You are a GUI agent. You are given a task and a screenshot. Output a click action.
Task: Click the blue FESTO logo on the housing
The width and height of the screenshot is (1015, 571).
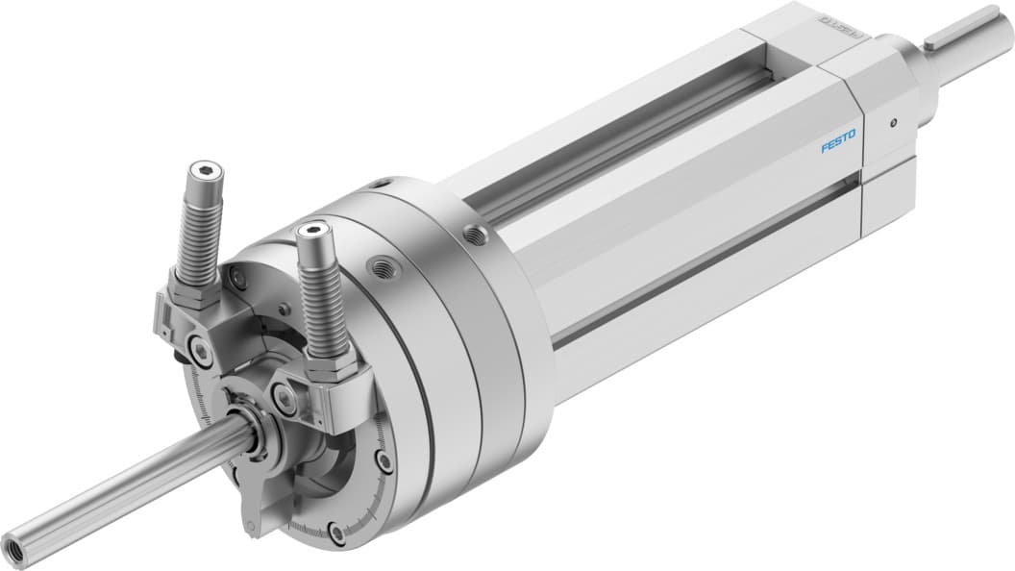coord(839,147)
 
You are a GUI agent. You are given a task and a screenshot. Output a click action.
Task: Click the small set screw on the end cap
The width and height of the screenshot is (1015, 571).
coord(893,122)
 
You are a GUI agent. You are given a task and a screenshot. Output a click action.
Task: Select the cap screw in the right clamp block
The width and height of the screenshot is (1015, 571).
coord(285,394)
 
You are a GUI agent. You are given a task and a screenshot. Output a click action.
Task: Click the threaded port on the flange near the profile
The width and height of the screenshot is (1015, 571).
coord(472,232)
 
